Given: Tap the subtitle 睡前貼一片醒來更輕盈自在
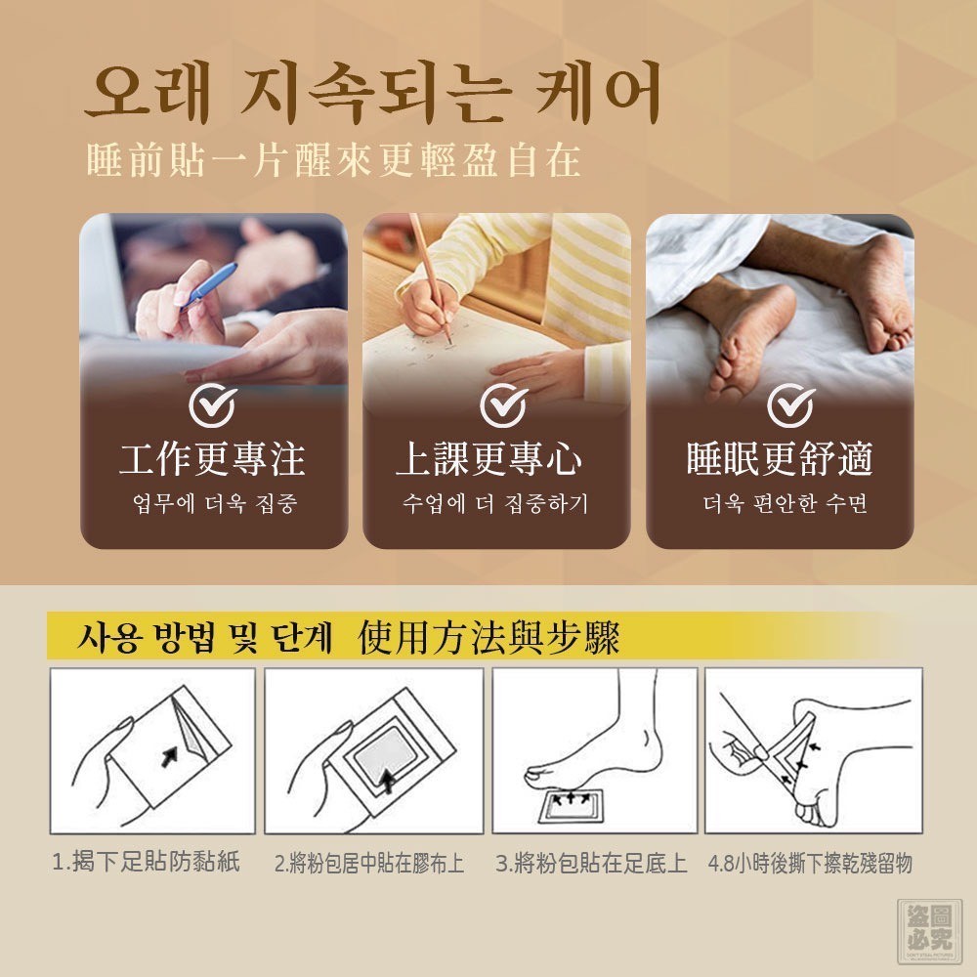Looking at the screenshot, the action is point(334,161).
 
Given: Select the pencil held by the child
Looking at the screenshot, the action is point(430,277).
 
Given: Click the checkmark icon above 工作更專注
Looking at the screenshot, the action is point(213,405).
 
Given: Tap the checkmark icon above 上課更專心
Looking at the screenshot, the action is point(503,405).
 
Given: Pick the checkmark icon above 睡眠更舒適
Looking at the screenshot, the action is point(790,405).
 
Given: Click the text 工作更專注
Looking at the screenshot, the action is point(212,459).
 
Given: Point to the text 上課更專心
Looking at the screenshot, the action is point(489,459).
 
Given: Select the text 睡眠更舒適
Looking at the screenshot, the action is point(780,459).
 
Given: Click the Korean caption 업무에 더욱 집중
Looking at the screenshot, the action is point(215,503).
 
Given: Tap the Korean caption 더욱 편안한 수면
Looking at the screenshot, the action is point(786,503).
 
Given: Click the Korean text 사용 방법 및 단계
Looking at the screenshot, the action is point(204,637).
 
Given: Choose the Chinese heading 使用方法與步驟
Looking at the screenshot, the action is point(489,637).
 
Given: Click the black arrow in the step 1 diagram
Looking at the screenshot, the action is point(169,756).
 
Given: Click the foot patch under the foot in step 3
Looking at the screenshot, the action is point(572,806).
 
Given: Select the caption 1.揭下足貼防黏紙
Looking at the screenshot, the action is point(147,863).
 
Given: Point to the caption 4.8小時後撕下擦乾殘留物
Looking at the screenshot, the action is point(811,864).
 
